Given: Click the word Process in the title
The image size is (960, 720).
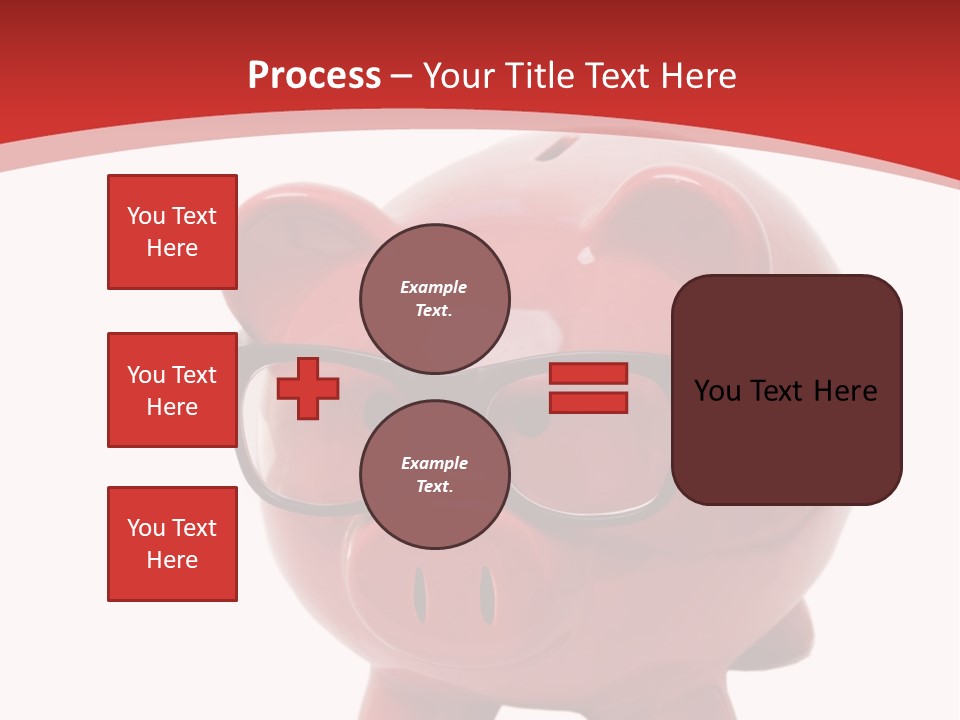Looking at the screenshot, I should [x=314, y=75].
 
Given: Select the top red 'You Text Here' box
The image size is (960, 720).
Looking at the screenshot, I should [x=172, y=232].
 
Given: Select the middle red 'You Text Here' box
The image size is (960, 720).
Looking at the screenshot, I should [x=172, y=390].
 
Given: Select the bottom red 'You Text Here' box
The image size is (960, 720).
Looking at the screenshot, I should [x=172, y=544].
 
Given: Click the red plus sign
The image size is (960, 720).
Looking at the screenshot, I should [x=308, y=388].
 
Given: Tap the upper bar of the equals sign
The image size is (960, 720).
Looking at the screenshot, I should [x=588, y=373].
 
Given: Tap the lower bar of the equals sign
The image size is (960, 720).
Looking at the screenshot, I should [x=588, y=403].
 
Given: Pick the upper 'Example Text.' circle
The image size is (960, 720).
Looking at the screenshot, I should [x=435, y=298].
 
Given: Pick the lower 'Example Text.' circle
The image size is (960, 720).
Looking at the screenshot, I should [x=435, y=474].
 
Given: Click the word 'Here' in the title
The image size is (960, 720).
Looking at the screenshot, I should [x=699, y=76].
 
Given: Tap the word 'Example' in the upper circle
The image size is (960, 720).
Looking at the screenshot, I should [x=434, y=287].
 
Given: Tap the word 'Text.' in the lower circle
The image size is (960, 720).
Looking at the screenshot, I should [x=434, y=486].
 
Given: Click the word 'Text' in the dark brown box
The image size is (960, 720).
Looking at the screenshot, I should [x=784, y=391].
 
